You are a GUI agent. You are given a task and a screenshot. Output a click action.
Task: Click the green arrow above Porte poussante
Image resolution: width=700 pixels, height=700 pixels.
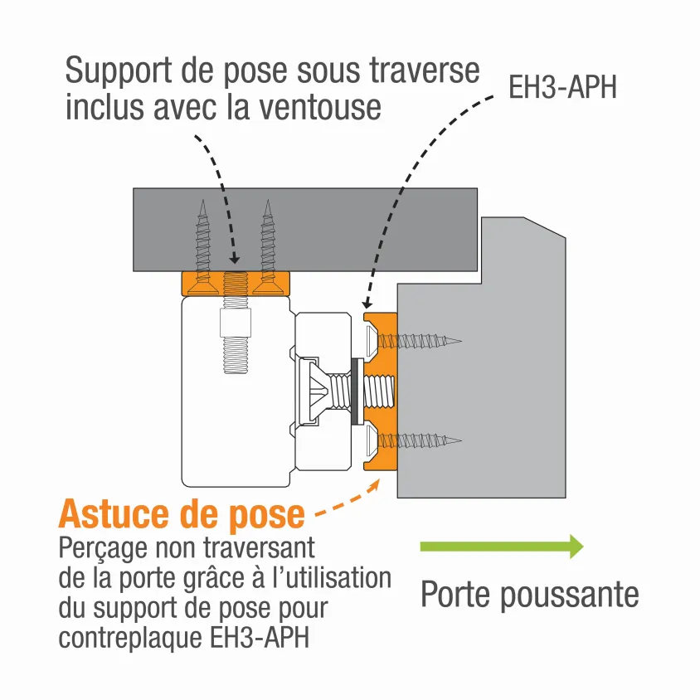tap(501, 546)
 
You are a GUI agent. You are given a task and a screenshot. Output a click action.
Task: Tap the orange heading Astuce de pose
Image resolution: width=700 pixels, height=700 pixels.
tap(182, 514)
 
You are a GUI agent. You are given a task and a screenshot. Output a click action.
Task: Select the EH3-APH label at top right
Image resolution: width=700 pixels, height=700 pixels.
tap(562, 88)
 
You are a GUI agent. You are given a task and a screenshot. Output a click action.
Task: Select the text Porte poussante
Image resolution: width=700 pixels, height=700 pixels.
tap(529, 595)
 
